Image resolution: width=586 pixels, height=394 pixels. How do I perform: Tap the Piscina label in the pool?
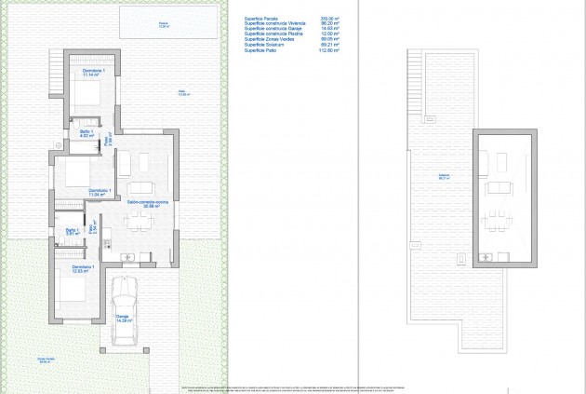point(164,24)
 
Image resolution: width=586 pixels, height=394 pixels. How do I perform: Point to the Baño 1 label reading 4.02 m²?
point(74,135)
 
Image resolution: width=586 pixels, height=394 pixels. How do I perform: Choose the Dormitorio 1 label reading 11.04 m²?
point(100,193)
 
